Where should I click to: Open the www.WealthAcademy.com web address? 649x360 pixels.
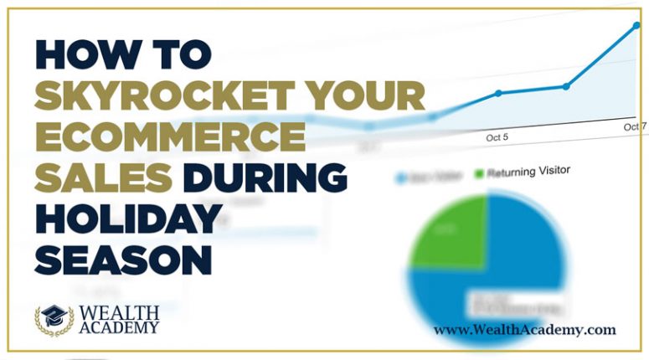[524, 330]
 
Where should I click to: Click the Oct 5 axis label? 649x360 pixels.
[497, 136]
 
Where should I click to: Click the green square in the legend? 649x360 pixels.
[480, 173]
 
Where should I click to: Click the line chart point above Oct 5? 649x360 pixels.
[498, 93]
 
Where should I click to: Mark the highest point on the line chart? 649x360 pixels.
[636, 25]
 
